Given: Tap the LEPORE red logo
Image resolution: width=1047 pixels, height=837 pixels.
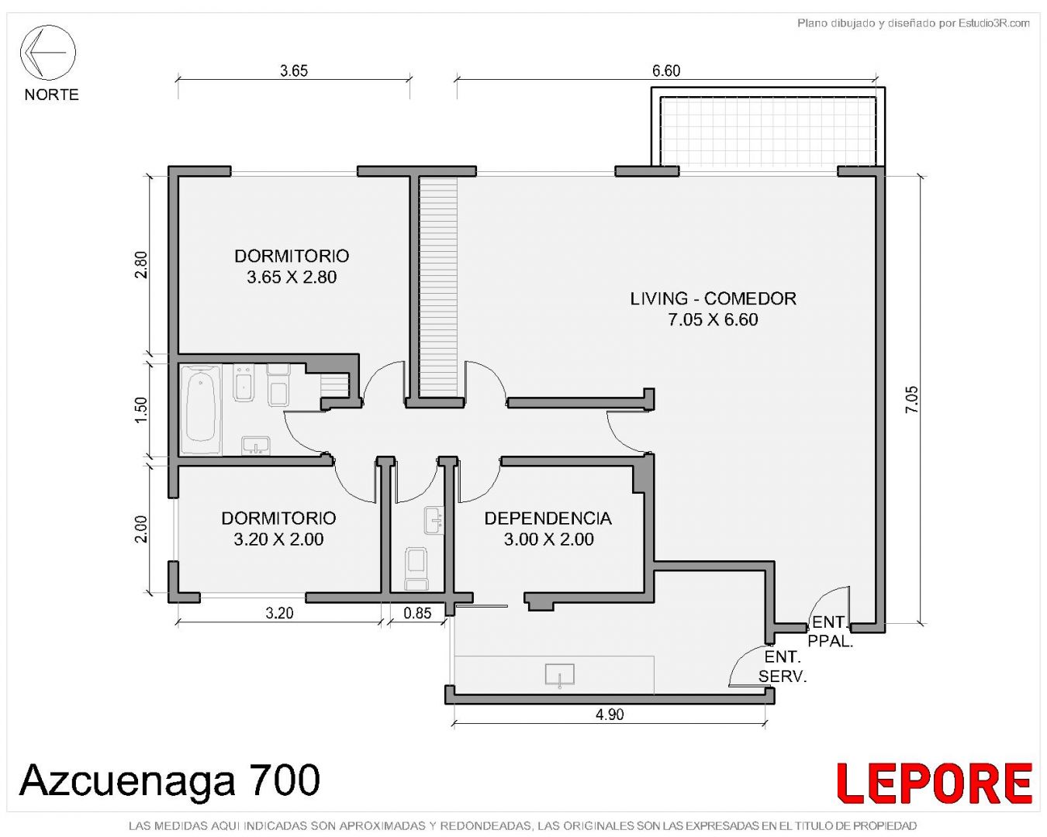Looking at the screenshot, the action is coord(934,783).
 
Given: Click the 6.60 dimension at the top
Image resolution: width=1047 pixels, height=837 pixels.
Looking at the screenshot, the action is coord(666,71).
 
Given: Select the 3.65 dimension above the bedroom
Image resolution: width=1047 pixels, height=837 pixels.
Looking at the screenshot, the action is coord(294,71).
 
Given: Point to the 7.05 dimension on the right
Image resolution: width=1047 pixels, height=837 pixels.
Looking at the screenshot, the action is coord(911,400).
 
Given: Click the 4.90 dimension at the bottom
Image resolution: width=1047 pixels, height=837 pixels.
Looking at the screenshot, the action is coord(610,715).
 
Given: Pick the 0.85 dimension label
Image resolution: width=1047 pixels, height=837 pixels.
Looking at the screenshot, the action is coord(417,613).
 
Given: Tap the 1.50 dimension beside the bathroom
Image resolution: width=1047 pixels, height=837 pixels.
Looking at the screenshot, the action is coord(140,410).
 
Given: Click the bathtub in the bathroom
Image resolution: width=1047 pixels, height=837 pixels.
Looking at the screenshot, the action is coord(201,409).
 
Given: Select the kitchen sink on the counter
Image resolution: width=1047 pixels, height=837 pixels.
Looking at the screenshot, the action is coord(559,676).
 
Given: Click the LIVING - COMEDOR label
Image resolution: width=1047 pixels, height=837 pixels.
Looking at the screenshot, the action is coord(714,298).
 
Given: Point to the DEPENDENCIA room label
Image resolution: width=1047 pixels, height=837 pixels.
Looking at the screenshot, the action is coord(548,518).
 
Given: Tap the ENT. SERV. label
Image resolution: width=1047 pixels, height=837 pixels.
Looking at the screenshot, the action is coord(783,666).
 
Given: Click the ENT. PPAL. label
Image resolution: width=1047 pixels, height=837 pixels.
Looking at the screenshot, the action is coord(830,632).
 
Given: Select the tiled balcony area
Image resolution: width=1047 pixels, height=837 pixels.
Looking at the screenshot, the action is coord(769,131).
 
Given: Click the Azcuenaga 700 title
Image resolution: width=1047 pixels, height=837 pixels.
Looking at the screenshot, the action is coord(170,780).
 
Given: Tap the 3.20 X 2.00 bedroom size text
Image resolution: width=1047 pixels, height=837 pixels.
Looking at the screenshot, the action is coord(278,539).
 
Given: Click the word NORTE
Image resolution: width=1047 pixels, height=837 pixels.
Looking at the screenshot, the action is coord(51,95).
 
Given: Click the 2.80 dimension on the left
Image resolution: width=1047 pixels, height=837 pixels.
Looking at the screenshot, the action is coord(140,264).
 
